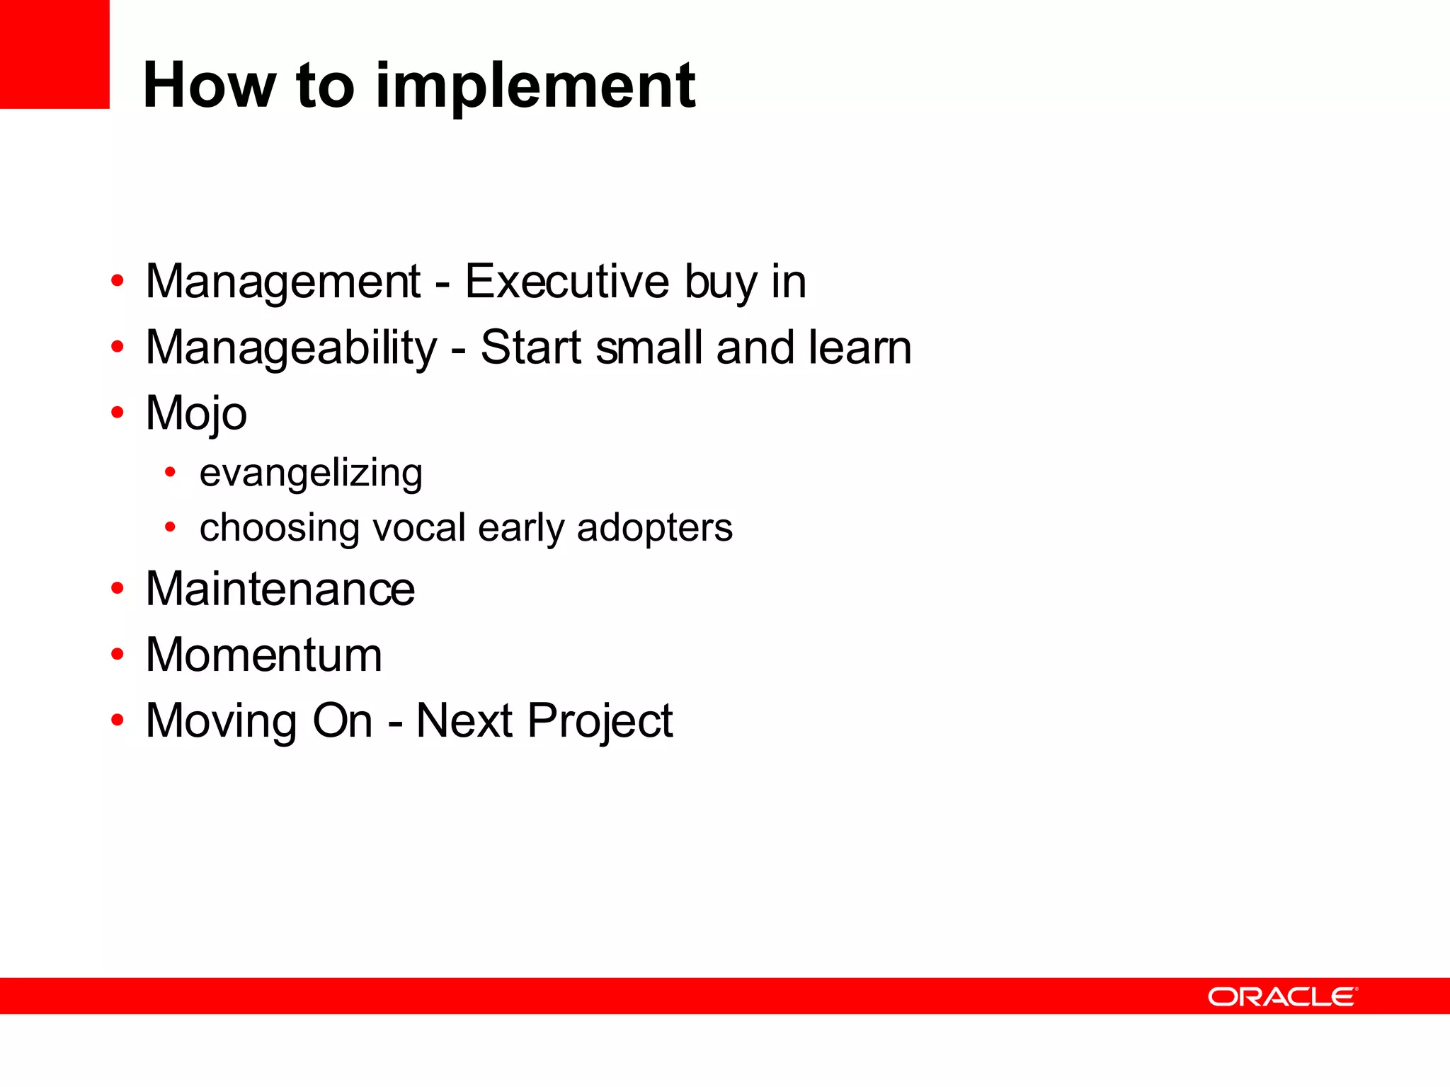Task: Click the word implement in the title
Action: click(x=535, y=86)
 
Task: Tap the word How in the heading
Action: click(x=209, y=86)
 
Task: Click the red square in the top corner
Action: click(x=55, y=54)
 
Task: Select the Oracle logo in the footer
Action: click(x=1282, y=996)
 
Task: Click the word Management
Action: click(x=283, y=282)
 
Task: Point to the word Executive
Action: click(x=566, y=282)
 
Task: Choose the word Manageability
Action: click(x=291, y=348)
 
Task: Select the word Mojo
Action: click(x=196, y=413)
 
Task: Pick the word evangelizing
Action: click(x=311, y=473)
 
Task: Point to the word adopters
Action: click(x=654, y=528)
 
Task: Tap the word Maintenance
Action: click(x=280, y=589)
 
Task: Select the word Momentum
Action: click(x=263, y=655)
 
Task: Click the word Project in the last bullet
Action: click(x=600, y=721)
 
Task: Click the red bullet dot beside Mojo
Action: click(x=118, y=412)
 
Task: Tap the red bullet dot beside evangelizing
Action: click(x=170, y=471)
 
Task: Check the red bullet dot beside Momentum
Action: click(x=118, y=654)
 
